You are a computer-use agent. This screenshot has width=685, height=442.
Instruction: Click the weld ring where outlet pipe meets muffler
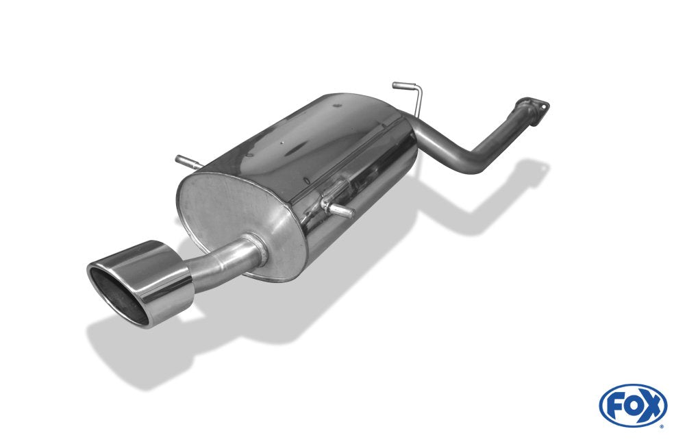pos(255,248)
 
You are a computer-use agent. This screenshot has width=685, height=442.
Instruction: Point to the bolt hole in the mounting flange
pos(545,106)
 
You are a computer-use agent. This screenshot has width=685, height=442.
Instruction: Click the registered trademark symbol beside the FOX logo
pos(662,426)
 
